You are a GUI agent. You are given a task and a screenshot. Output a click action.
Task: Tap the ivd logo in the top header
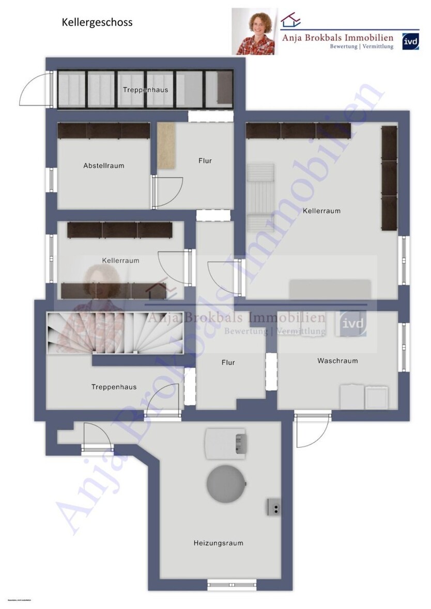pos(410,40)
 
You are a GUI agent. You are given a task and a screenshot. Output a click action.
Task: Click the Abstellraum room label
pos(103,166)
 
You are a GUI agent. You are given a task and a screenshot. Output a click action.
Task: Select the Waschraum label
pos(337,361)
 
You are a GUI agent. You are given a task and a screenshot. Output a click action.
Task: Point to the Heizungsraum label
pos(218,543)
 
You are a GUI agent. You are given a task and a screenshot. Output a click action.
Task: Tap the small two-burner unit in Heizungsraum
pos(274,507)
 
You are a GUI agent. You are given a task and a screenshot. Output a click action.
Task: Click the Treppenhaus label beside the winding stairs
pos(114,387)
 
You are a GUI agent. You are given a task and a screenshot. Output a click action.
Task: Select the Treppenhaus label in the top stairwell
pos(145,90)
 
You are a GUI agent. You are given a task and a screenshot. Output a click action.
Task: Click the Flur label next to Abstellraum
pos(205,161)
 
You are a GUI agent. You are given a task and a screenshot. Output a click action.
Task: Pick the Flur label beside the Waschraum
pos(228,362)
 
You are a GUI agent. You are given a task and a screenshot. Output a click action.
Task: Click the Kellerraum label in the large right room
pos(321,211)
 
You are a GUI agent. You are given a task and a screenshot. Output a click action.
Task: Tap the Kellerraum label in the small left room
pos(120,261)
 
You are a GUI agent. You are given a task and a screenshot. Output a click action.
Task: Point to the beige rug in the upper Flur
pos(166,146)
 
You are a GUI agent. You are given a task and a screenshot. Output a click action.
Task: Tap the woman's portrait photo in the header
pos(255,31)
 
